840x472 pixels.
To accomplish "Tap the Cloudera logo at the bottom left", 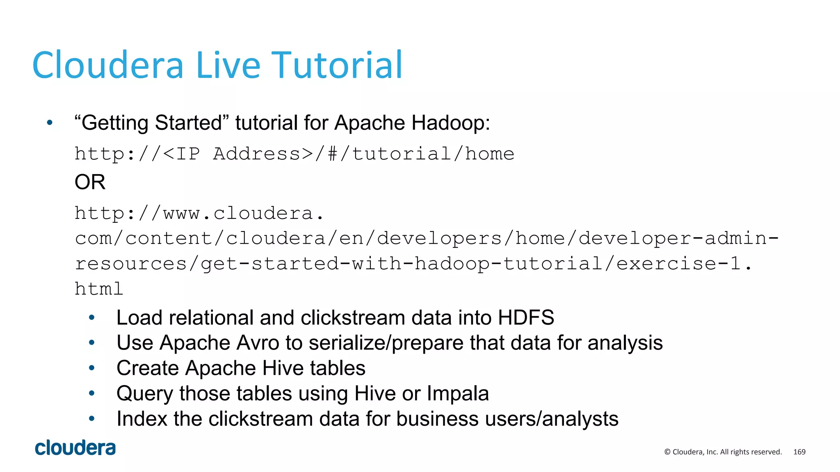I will [x=75, y=448].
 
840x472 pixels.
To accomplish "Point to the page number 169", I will [x=799, y=452].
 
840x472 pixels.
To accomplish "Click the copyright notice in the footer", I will [x=723, y=452].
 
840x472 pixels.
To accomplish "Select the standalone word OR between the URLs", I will [x=90, y=182].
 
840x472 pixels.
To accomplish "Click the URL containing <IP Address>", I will [x=294, y=154].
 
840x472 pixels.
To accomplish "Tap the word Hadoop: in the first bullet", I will [x=451, y=123].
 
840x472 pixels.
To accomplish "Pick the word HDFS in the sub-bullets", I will [x=526, y=318].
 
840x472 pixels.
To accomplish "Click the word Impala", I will [x=458, y=393].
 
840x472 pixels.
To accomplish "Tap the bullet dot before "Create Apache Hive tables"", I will [x=92, y=368].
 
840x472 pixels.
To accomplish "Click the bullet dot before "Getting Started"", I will [x=50, y=123].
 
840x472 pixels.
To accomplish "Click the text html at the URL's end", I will [x=99, y=289].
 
